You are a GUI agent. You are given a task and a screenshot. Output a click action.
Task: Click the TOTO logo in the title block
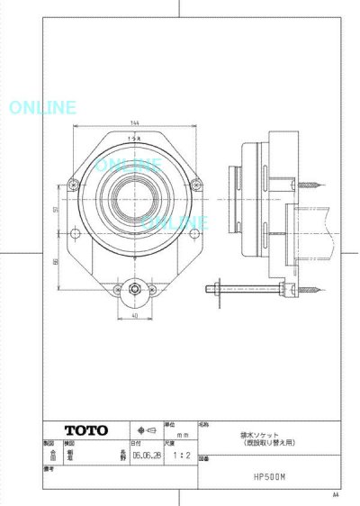click(86, 429)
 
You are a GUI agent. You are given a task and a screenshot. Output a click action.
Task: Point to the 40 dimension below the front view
click(135, 316)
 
